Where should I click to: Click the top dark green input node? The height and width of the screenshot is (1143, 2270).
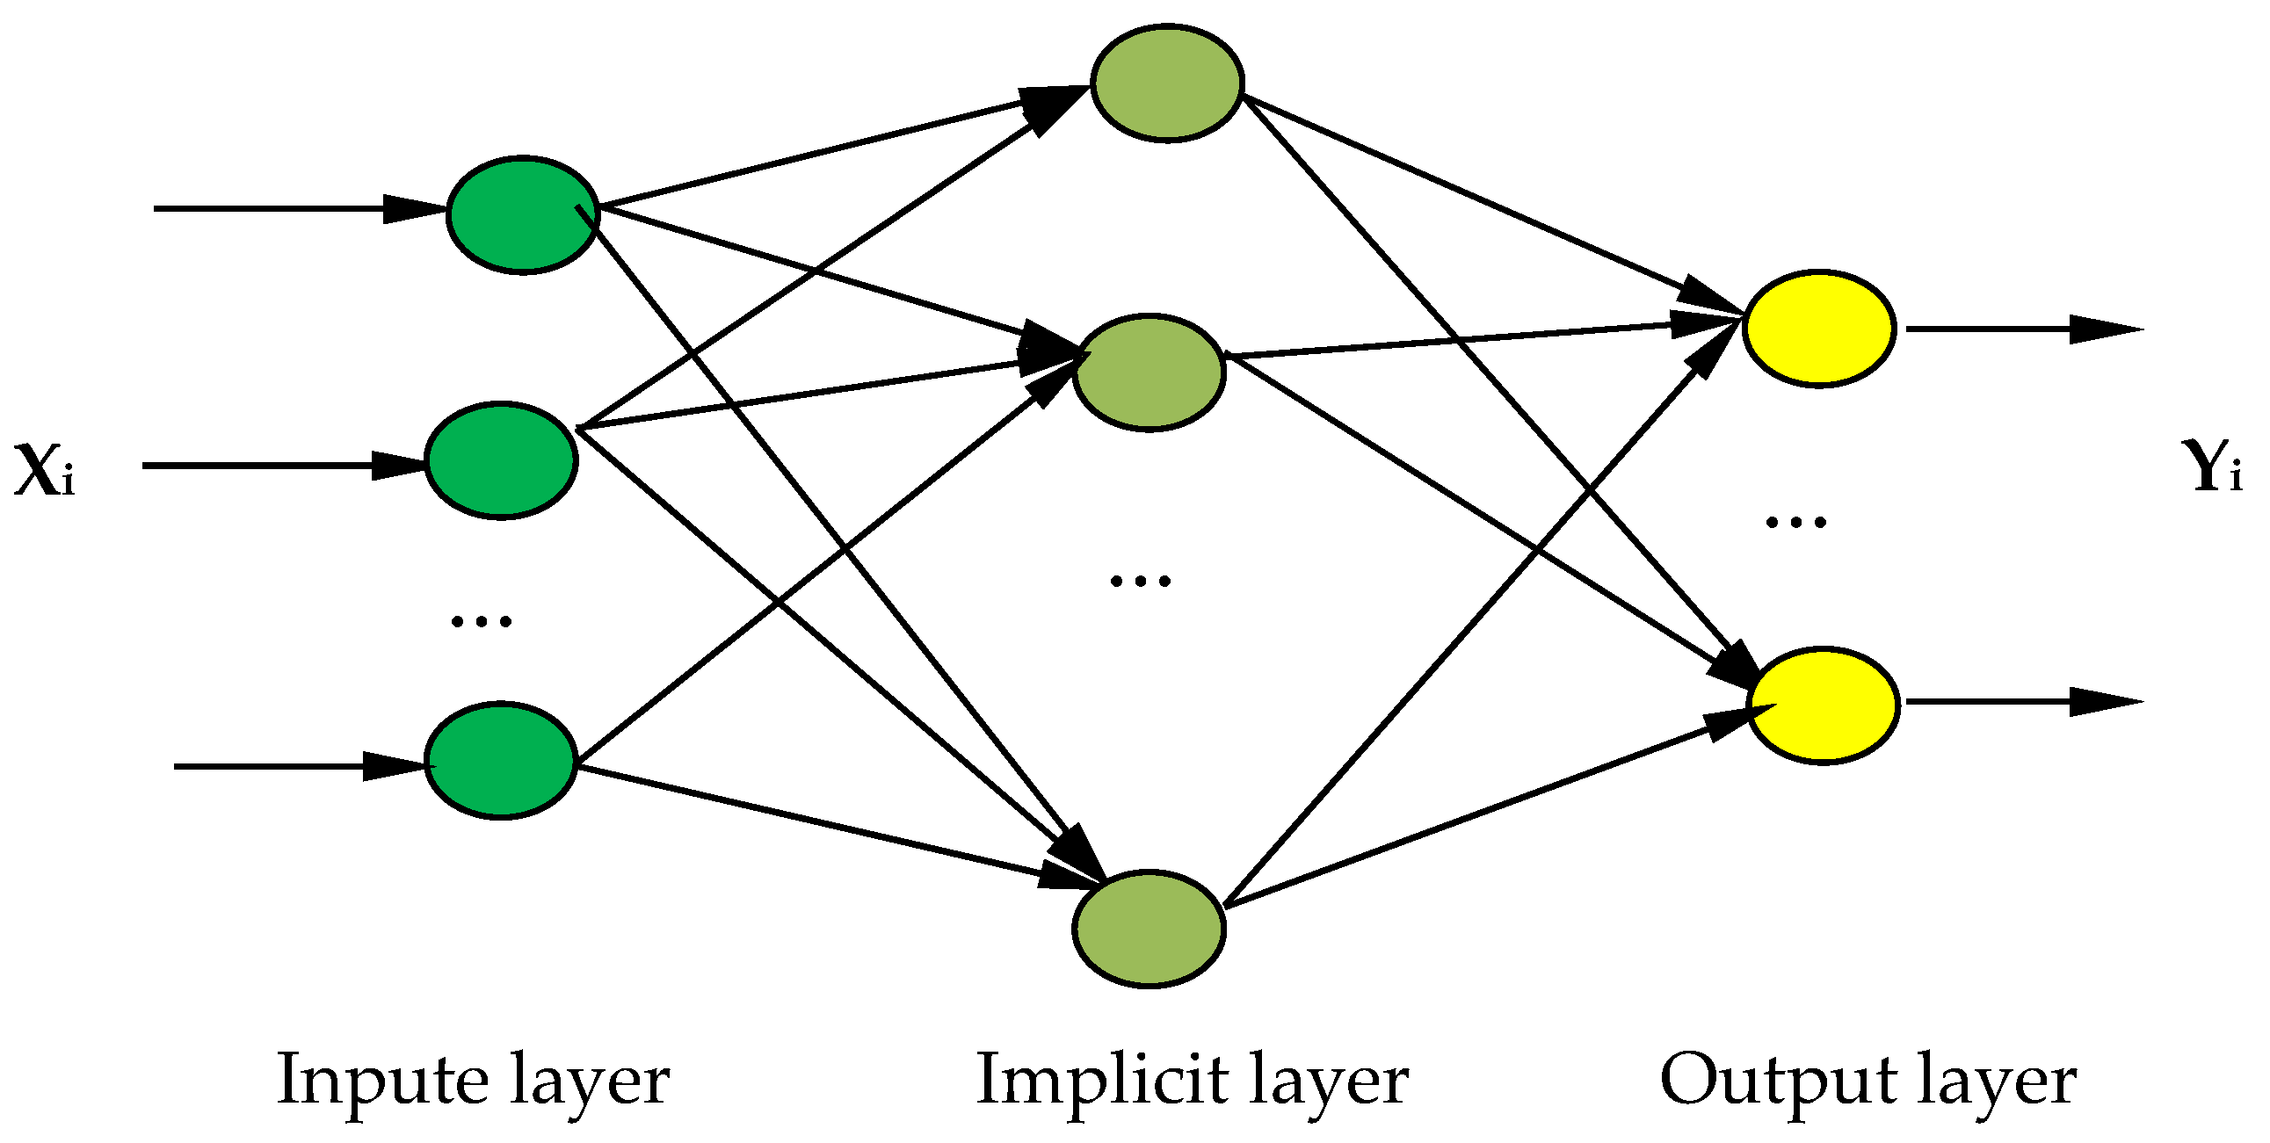click(x=523, y=215)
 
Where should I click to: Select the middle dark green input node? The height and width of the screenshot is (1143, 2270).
click(x=501, y=460)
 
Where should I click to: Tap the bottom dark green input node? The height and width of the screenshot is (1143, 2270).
click(x=501, y=761)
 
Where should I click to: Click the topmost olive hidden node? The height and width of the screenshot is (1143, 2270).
click(x=1167, y=83)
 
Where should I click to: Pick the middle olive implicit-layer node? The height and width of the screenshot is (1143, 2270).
click(x=1150, y=372)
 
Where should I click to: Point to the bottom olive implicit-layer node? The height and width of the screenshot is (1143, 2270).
click(x=1150, y=928)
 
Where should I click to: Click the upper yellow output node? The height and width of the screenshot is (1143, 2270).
click(x=1819, y=328)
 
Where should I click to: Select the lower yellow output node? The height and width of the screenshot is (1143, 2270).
click(x=1823, y=705)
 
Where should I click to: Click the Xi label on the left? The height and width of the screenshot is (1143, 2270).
click(x=44, y=472)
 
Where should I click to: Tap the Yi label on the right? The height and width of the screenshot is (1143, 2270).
click(x=2216, y=467)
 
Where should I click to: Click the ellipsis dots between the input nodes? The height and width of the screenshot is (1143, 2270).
click(x=481, y=621)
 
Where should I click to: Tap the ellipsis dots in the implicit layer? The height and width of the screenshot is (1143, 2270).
click(x=1141, y=580)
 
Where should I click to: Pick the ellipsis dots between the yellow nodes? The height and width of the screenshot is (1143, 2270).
click(x=1796, y=522)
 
